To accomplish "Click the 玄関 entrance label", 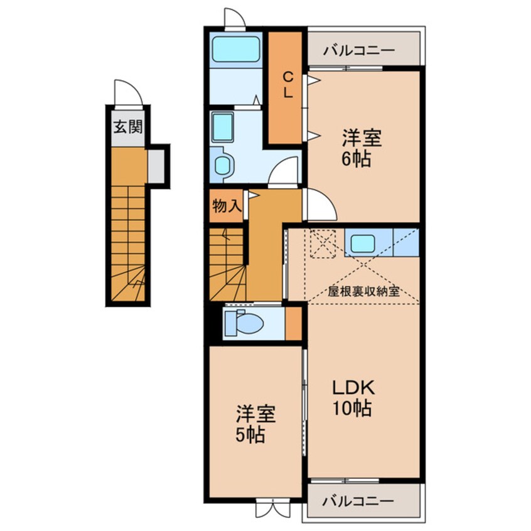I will pyautogui.click(x=127, y=127).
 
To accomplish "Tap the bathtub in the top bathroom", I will pyautogui.click(x=236, y=49).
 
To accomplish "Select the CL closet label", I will pyautogui.click(x=287, y=85).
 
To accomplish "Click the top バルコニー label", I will pyautogui.click(x=358, y=50).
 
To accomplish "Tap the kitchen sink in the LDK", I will pyautogui.click(x=363, y=243).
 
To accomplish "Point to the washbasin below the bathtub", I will pyautogui.click(x=222, y=126).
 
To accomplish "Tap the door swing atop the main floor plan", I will pyautogui.click(x=235, y=18).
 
